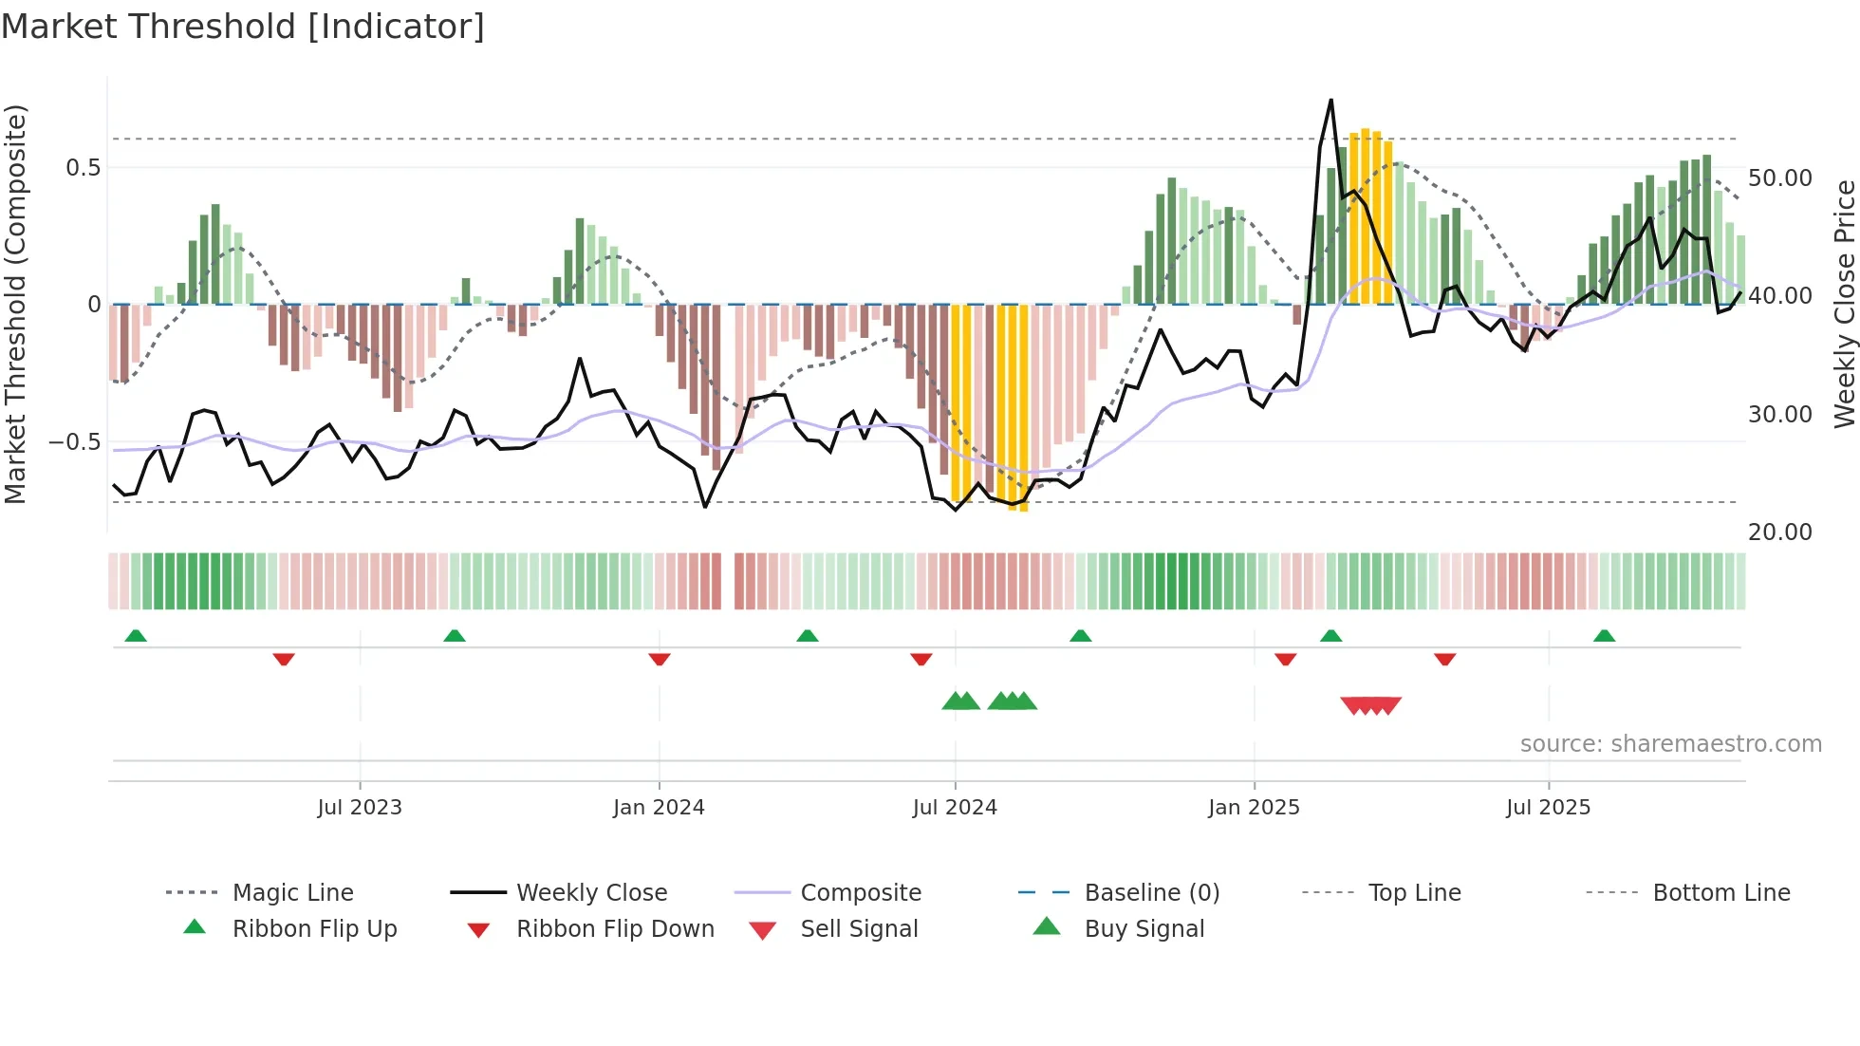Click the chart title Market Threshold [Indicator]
coord(243,27)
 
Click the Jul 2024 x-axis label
coord(955,807)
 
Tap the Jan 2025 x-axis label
coord(1254,807)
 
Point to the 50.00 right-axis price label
coord(1779,178)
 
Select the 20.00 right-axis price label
coord(1779,532)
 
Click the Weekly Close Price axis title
coord(1844,304)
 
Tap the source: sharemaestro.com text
coord(1670,743)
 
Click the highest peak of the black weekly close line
coord(1330,101)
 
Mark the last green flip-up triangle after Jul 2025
coord(1604,636)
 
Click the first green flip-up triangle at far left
coord(136,636)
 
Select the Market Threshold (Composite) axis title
coord(15,304)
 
